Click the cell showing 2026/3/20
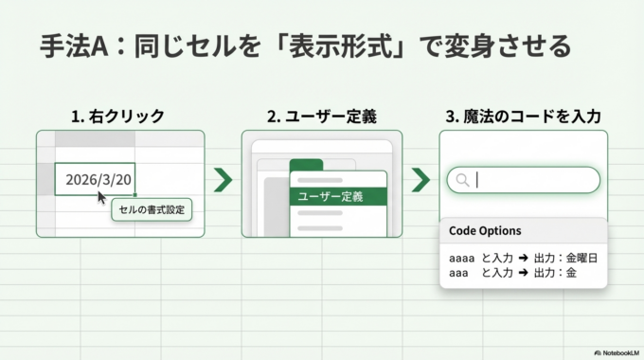pyautogui.click(x=95, y=179)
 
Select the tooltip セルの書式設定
pyautogui.click(x=152, y=208)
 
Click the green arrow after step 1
pyautogui.click(x=223, y=179)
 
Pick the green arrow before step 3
pyautogui.click(x=420, y=179)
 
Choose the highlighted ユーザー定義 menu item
pyautogui.click(x=337, y=197)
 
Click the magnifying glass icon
pyautogui.click(x=462, y=180)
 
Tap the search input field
pyautogui.click(x=530, y=180)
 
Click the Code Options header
pyautogui.click(x=485, y=231)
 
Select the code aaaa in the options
pyautogui.click(x=462, y=258)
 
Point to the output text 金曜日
pyautogui.click(x=580, y=258)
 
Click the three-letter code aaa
pyautogui.click(x=459, y=272)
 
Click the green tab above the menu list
pyautogui.click(x=306, y=165)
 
